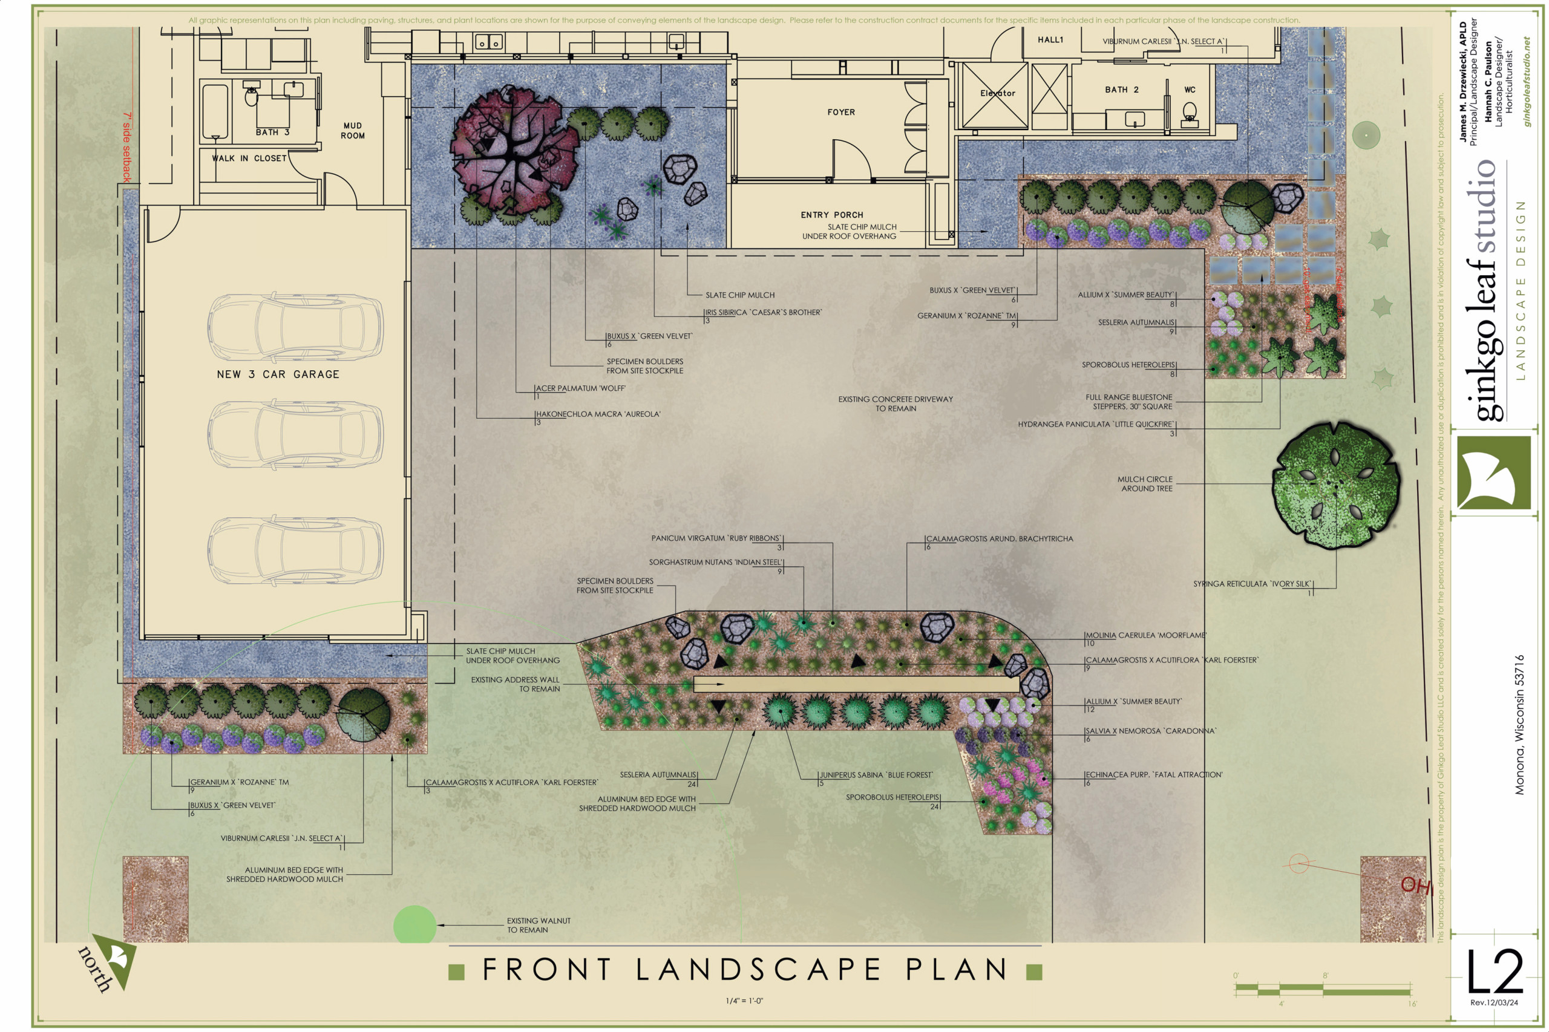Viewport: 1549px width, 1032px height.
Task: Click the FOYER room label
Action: click(x=840, y=113)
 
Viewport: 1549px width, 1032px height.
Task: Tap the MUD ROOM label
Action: click(x=352, y=130)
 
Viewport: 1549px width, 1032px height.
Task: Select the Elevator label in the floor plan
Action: click(x=997, y=93)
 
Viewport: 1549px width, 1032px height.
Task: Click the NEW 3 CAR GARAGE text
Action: click(x=278, y=374)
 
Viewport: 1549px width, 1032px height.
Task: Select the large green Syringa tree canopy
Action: click(x=1335, y=485)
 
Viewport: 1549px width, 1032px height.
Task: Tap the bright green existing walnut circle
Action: click(x=414, y=926)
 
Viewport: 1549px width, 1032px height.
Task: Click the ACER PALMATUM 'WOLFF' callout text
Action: click(x=580, y=388)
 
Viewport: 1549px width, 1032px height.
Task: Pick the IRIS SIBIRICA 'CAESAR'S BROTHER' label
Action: click(x=763, y=313)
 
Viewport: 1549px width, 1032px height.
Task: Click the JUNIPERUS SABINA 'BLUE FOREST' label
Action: click(x=876, y=776)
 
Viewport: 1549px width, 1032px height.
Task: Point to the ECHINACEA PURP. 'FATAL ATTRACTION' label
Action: click(x=1153, y=775)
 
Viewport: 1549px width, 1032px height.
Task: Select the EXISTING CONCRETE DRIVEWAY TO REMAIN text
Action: click(x=895, y=403)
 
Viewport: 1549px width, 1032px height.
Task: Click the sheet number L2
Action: click(x=1494, y=972)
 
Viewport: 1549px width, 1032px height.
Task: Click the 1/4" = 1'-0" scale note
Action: click(x=744, y=1001)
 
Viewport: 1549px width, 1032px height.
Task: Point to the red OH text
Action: click(x=1415, y=885)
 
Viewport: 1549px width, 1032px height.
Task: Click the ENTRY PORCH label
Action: click(x=831, y=215)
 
